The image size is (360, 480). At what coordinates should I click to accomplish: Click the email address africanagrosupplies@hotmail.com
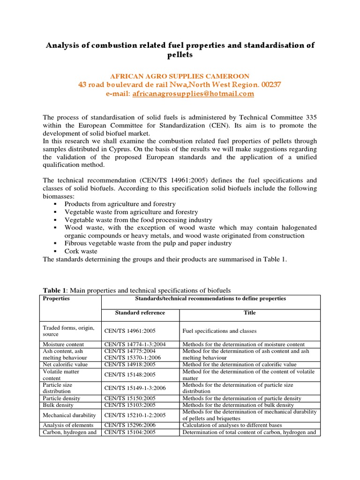193,94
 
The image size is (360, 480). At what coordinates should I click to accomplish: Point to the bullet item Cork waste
81,251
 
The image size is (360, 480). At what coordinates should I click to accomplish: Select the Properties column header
56,299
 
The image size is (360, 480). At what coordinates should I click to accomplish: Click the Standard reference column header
140,313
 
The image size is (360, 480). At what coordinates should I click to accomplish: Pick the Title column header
249,313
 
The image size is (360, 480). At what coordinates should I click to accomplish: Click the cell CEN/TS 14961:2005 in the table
132,331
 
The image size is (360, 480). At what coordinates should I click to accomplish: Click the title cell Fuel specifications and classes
219,331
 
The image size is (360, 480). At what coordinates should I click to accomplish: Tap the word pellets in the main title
180,55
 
